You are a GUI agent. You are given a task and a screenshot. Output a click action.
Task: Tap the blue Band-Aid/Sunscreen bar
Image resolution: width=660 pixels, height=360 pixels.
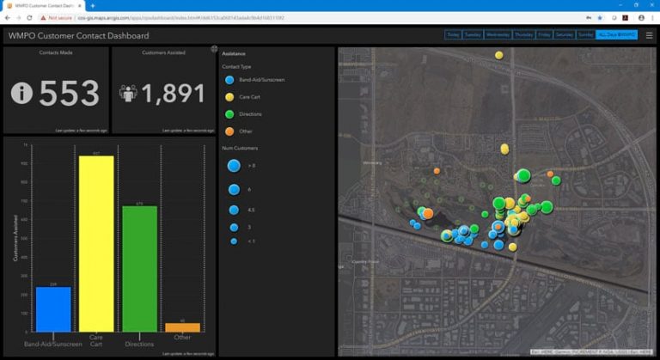point(53,309)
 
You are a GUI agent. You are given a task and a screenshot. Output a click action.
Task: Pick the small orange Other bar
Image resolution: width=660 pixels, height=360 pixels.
point(182,327)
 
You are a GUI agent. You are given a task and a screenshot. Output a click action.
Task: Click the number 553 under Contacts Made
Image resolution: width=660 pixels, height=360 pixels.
point(69,93)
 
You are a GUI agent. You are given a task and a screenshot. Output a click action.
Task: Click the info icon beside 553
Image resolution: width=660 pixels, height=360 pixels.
point(21,93)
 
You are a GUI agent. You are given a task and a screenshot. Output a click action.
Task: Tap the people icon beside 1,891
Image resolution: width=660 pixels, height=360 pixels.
point(129,93)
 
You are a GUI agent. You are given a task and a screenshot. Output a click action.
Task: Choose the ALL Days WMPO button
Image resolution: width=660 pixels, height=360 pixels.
point(617,35)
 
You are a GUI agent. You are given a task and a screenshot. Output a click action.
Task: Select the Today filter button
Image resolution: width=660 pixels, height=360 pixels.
point(453,35)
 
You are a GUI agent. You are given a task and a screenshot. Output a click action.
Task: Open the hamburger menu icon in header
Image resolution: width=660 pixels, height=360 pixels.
point(649,35)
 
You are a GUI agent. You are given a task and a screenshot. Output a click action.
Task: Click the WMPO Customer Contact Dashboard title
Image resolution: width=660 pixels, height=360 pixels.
point(78,35)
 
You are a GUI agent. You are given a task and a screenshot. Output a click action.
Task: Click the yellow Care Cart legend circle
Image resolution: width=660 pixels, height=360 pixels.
point(229,97)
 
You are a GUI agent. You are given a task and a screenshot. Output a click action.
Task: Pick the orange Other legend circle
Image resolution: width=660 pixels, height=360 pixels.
point(229,131)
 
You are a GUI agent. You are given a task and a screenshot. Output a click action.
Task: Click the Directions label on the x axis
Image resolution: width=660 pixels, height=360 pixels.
point(139,345)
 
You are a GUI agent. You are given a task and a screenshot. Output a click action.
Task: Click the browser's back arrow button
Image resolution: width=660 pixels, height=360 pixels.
point(7,17)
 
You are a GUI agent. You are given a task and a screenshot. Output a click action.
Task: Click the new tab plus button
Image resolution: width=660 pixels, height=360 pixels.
point(92,5)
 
